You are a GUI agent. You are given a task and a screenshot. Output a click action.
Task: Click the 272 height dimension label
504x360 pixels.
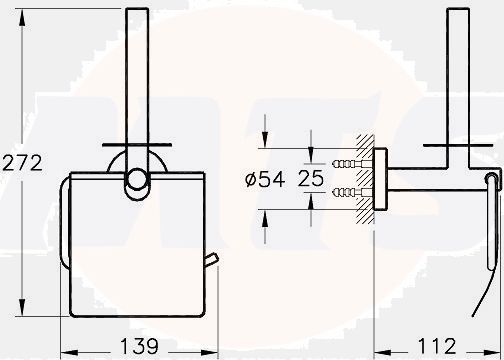[22, 163]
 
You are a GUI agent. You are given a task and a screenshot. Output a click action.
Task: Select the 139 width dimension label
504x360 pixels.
[139, 346]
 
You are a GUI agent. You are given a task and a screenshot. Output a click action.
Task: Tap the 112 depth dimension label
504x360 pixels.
[437, 346]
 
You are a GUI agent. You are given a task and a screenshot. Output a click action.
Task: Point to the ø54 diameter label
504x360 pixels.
[265, 179]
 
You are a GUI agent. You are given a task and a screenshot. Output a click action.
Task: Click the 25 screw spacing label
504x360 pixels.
[311, 178]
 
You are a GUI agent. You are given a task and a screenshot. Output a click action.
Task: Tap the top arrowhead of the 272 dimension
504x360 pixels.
[22, 18]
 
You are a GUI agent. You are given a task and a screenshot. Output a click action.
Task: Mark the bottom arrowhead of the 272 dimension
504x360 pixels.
[22, 308]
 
